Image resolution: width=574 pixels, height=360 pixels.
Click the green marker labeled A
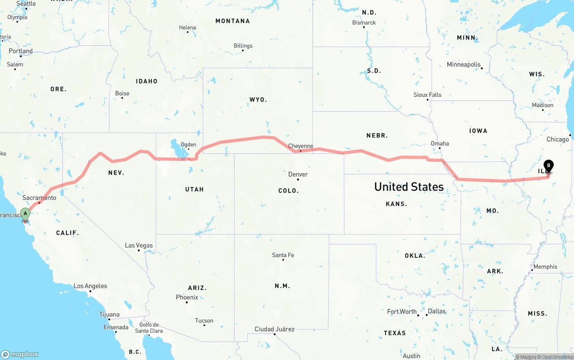[x=26, y=213]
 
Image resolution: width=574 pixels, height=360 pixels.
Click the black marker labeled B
[x=548, y=166]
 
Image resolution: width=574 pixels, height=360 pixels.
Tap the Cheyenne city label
[x=300, y=146]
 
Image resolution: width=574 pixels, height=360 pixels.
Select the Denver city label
[x=298, y=174]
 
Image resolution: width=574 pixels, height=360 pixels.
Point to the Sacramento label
[x=39, y=198]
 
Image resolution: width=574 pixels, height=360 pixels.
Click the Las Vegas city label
[x=139, y=245]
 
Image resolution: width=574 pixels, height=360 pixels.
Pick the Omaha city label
[x=439, y=143]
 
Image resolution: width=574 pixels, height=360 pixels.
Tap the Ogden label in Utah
[x=188, y=144]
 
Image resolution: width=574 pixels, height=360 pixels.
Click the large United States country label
[x=409, y=187]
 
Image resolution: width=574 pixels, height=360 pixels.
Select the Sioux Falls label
[x=427, y=95]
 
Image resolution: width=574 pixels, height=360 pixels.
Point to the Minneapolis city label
[x=464, y=65]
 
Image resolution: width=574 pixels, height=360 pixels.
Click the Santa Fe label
[x=283, y=255]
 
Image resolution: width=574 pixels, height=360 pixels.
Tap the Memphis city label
[x=545, y=267]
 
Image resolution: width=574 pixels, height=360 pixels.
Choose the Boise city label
[x=122, y=93]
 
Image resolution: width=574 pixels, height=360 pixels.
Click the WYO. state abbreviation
[x=258, y=100]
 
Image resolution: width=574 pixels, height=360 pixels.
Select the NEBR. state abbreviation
[x=377, y=135]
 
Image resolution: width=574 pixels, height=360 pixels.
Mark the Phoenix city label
[x=187, y=297]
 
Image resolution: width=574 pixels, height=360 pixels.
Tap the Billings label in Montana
[x=243, y=46]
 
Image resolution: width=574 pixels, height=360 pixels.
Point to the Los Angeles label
[x=90, y=286]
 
